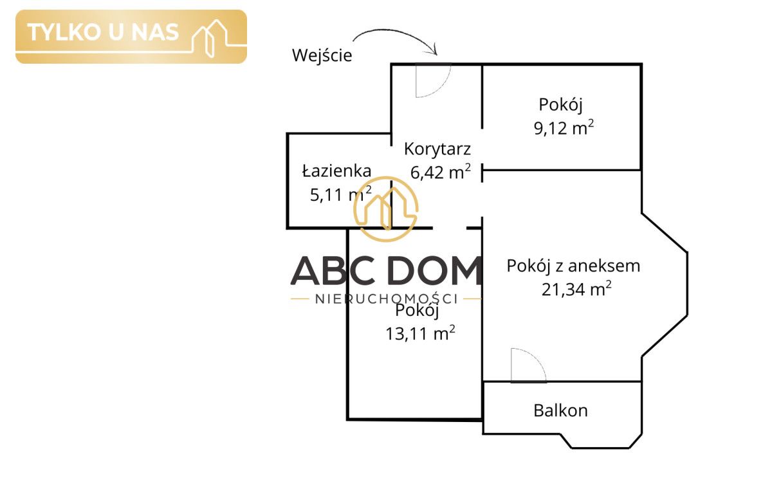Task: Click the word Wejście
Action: [x=322, y=55]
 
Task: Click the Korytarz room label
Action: [x=437, y=149]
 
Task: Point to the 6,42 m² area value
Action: [x=440, y=172]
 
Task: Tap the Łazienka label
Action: [x=336, y=171]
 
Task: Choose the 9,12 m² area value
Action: [x=564, y=127]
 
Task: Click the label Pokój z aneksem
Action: [x=573, y=266]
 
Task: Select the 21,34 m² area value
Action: [x=576, y=289]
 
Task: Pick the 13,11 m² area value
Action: [x=420, y=333]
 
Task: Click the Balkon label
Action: [x=560, y=410]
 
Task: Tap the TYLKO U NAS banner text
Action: [x=103, y=32]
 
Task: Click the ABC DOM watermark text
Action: [x=386, y=271]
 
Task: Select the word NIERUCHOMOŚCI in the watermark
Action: [x=387, y=299]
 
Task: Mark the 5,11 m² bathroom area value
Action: [x=340, y=194]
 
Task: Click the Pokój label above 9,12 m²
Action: [x=561, y=105]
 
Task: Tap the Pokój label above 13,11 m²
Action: [x=417, y=311]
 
